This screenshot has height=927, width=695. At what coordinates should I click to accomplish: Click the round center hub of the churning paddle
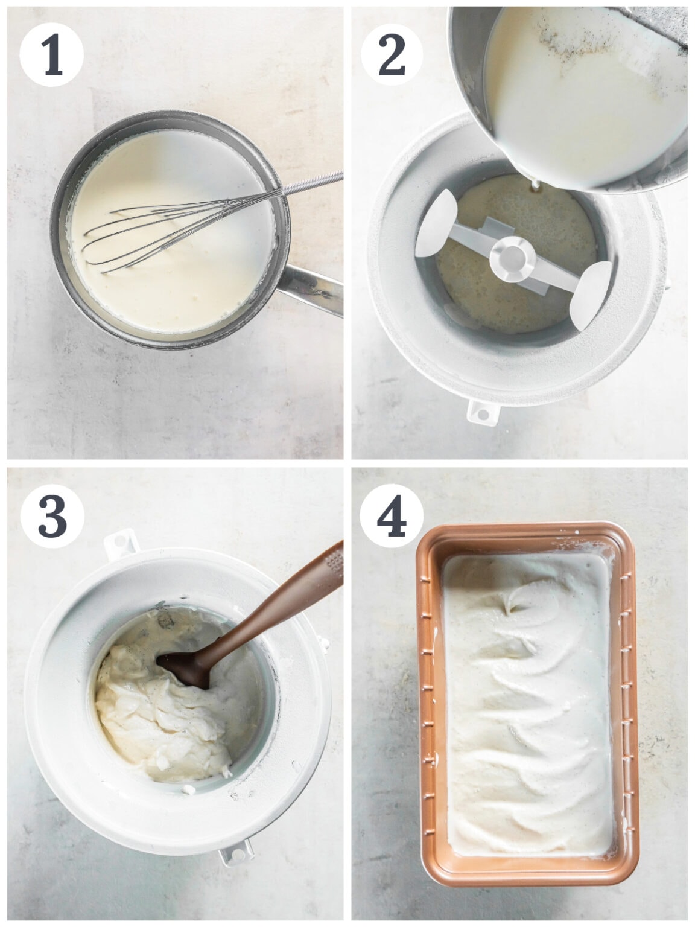tap(512, 257)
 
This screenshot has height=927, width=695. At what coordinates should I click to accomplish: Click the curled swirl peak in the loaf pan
tap(513, 600)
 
